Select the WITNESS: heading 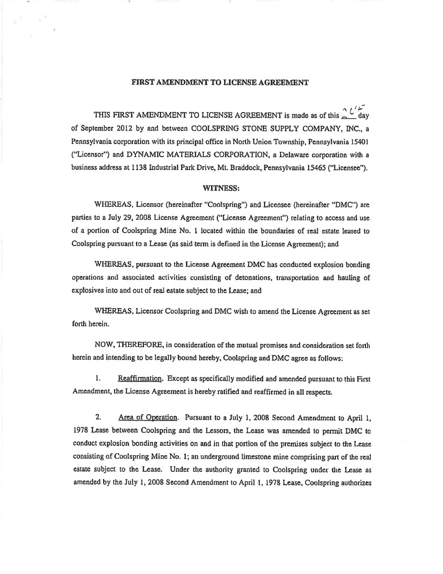[x=220, y=188]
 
